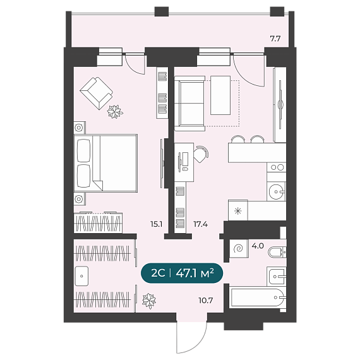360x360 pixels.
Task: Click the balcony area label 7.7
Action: [275, 39]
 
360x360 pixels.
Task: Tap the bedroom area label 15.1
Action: [157, 224]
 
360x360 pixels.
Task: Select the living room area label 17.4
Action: [200, 224]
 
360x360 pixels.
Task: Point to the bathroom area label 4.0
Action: [258, 246]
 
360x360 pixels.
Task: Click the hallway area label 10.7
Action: [206, 300]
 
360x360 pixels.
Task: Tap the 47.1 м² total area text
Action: [195, 273]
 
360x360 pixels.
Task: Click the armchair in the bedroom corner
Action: [97, 93]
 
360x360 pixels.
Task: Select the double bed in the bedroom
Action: [105, 163]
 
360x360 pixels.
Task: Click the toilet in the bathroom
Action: [277, 252]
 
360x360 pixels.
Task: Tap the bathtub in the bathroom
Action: [258, 297]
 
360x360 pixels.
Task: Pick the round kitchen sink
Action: [276, 191]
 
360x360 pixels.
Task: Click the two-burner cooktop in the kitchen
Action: [277, 167]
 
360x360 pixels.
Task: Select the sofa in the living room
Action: [189, 104]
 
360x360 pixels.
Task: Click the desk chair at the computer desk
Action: [201, 154]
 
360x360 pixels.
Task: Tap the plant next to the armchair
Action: [115, 112]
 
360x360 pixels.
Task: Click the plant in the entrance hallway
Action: [149, 301]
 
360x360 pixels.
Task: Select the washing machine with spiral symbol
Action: [239, 248]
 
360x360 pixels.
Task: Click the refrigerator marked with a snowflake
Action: [238, 210]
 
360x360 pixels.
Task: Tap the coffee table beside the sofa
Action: [220, 95]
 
